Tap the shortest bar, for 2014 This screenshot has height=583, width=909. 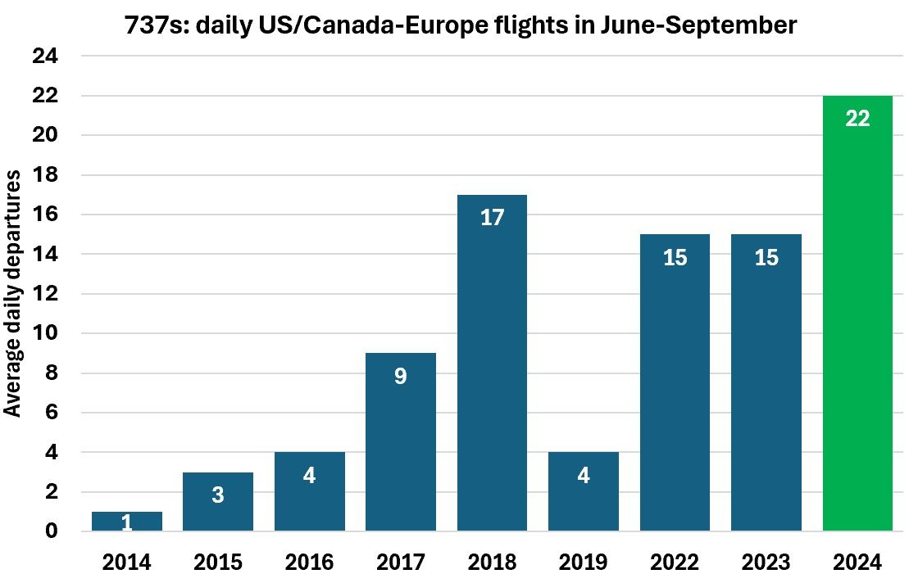coord(127,522)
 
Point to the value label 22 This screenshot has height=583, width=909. coord(857,118)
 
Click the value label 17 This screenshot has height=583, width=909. coord(492,218)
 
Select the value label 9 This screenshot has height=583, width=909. coord(401,377)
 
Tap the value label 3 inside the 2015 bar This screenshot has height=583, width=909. coord(218,495)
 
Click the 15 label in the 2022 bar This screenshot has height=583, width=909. coord(675,257)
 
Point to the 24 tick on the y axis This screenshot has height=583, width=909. coord(45,56)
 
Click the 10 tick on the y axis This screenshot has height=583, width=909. coord(45,334)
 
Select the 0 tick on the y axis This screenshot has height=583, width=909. coord(52,531)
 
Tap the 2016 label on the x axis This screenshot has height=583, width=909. coord(310,563)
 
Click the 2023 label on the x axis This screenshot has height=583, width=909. coord(766,563)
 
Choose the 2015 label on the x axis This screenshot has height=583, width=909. coord(218,563)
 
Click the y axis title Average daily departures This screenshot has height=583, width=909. coord(13,293)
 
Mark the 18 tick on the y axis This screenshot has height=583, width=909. coord(45,175)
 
